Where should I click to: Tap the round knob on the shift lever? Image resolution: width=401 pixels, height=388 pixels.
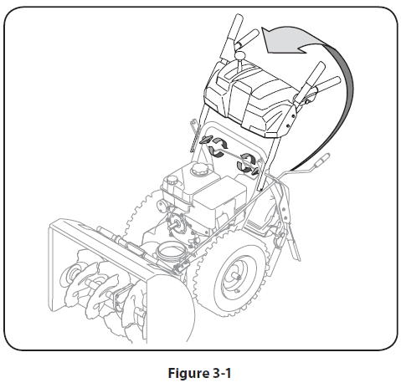pos(239,55)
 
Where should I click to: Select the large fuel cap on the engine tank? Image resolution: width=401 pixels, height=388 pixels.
pos(198,168)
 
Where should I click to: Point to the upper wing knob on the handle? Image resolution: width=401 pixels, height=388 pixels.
pos(206,140)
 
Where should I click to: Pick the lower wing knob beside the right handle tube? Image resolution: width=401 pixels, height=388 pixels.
pos(254,171)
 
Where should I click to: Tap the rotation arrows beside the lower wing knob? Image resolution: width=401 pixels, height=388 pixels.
pos(245,163)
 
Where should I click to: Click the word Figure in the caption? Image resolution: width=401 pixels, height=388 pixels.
pos(187,373)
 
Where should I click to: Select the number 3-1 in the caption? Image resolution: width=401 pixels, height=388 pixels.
pos(222,373)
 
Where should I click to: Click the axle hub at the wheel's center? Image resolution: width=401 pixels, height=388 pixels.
pos(238,277)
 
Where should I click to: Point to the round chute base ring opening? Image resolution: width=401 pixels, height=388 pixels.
pos(171,249)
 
